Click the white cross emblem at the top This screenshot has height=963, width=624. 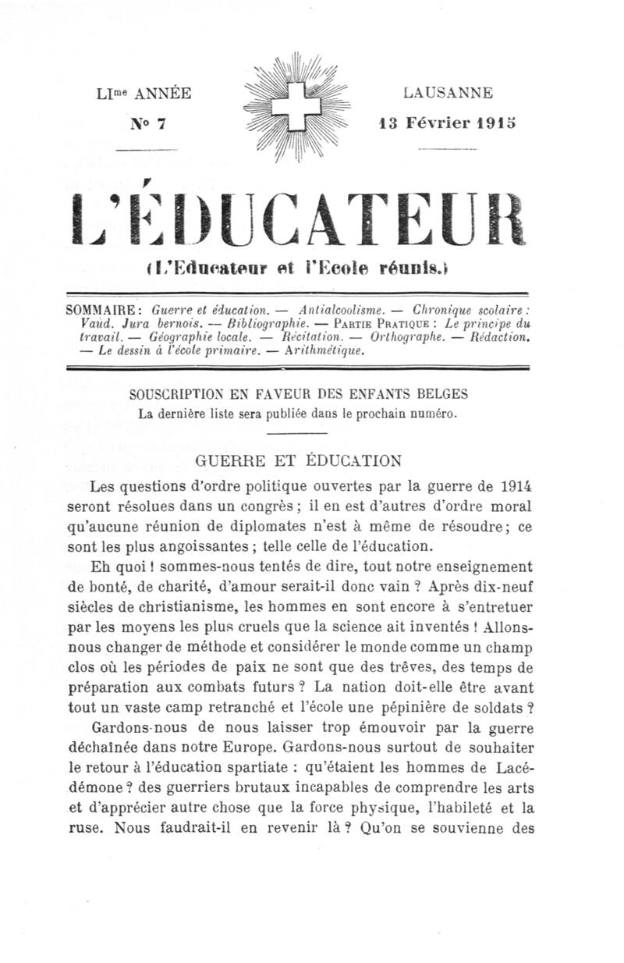297,108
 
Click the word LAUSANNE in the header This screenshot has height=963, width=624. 448,93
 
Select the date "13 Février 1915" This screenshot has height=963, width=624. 447,123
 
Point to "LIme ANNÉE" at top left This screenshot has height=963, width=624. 142,94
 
